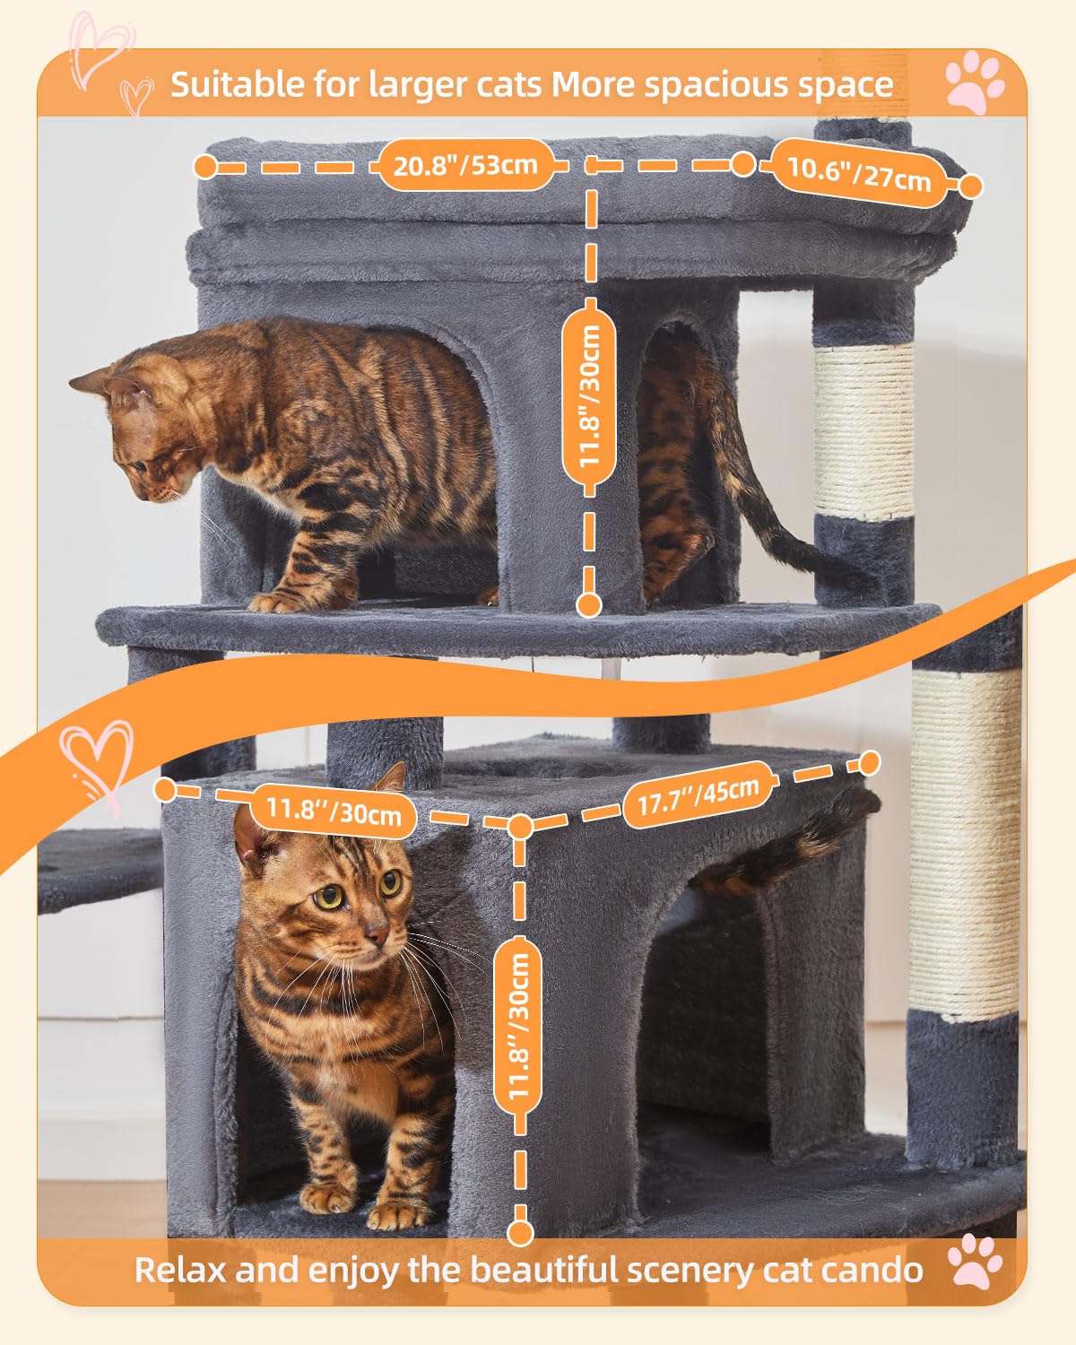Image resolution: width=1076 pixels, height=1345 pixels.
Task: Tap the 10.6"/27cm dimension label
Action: (x=858, y=173)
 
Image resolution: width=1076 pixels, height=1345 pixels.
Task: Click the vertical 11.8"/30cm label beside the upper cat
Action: (x=589, y=397)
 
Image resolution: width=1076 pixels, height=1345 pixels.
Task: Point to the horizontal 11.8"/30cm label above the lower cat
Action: (x=333, y=811)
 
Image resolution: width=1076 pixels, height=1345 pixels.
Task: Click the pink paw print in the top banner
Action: (x=976, y=82)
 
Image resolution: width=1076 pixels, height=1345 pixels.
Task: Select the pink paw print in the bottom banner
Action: (x=976, y=1262)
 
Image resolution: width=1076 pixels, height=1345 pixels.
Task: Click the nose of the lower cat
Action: (x=377, y=938)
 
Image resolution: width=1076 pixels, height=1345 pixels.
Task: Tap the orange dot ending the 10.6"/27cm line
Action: (x=970, y=187)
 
